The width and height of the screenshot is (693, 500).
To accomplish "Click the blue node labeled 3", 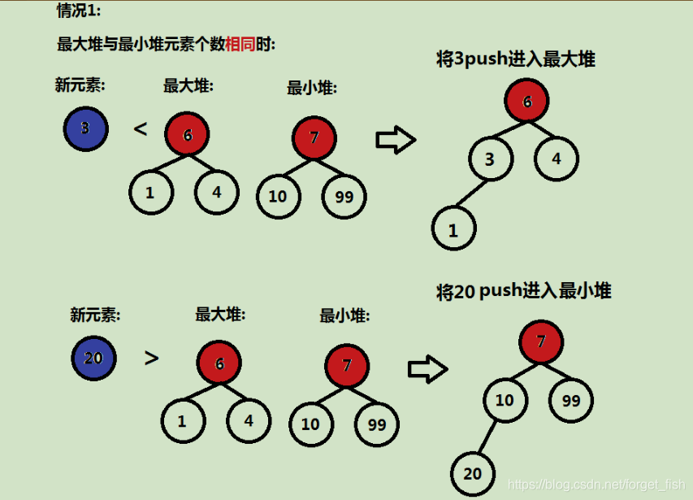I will click(85, 129).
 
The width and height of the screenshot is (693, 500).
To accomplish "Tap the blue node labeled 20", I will click(93, 358).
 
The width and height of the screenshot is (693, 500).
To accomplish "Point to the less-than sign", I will click(141, 128).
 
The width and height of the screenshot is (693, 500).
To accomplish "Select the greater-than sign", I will click(151, 357).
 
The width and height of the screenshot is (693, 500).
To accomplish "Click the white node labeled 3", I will click(490, 159).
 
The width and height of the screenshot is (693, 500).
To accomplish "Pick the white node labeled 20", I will click(473, 473).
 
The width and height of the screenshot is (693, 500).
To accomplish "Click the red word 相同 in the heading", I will click(240, 44).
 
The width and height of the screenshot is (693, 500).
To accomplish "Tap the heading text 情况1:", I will click(79, 11).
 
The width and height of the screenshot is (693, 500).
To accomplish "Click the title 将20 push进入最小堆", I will click(523, 291).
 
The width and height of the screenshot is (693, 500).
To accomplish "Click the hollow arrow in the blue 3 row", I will click(396, 140).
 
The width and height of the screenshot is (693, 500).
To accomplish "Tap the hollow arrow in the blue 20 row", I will click(427, 370).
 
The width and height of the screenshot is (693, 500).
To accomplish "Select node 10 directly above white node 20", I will click(505, 400).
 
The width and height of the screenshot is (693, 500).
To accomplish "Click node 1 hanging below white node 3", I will click(453, 230).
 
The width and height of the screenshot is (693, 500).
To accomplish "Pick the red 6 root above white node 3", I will click(526, 102).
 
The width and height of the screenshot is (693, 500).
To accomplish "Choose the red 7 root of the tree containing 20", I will click(541, 341).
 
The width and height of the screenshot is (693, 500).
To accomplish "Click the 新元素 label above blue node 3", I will click(80, 85).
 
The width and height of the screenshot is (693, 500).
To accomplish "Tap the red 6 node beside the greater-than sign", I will click(219, 363).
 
